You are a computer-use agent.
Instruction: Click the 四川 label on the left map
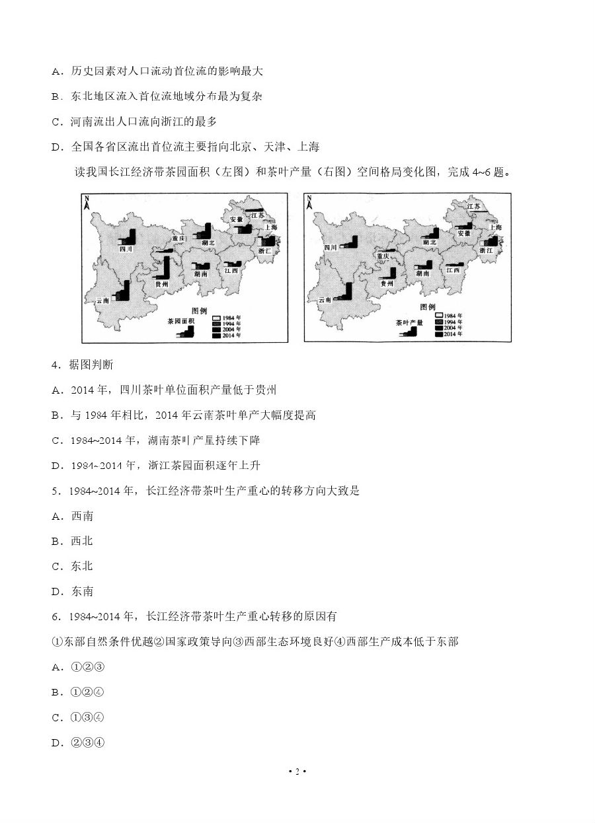click(126, 249)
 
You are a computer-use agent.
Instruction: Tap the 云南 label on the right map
click(324, 300)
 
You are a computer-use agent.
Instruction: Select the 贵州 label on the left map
click(161, 284)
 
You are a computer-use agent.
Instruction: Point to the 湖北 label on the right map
click(430, 242)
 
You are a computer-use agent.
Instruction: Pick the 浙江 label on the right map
click(486, 251)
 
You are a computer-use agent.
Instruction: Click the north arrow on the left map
click(87, 203)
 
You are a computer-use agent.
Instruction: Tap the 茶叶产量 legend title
click(409, 323)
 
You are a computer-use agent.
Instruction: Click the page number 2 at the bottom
click(297, 771)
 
